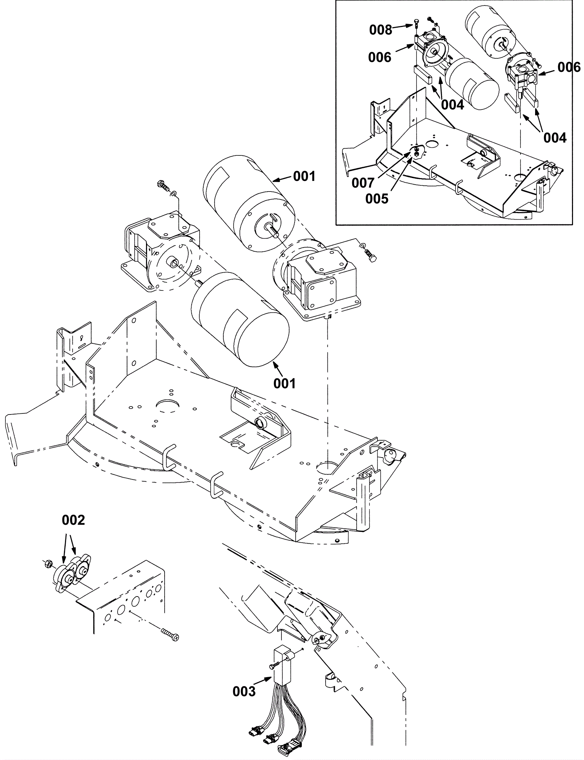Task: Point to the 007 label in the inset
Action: (363, 183)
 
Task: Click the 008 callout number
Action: (381, 30)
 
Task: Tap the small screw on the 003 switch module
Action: (272, 666)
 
